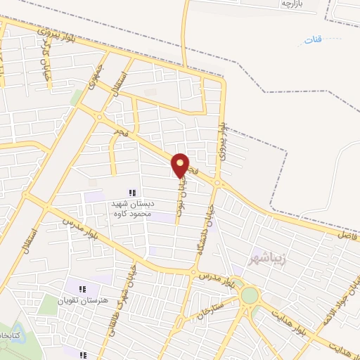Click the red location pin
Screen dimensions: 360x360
180,165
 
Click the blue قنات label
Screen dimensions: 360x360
314,39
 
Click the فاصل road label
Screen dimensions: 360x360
347,236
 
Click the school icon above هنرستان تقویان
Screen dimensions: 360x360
83,288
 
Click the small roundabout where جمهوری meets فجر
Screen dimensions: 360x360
100,117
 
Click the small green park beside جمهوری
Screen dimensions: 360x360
77,96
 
